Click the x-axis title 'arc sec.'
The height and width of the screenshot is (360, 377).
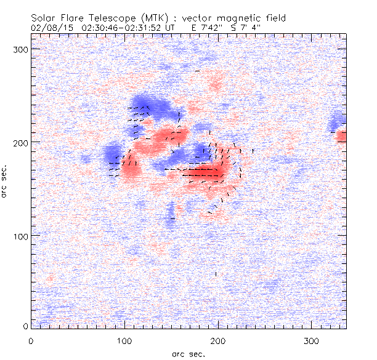188,353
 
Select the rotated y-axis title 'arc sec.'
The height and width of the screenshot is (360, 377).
6,181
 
